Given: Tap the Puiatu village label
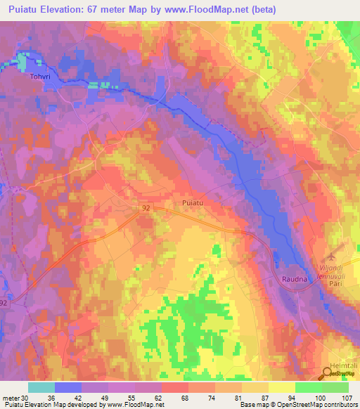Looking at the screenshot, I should click(193, 202).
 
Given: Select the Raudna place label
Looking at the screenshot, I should click(296, 279).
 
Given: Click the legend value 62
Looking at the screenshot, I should click(160, 397).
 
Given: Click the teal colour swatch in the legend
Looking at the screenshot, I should click(41, 387).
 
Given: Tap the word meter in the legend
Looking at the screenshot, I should click(11, 397).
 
